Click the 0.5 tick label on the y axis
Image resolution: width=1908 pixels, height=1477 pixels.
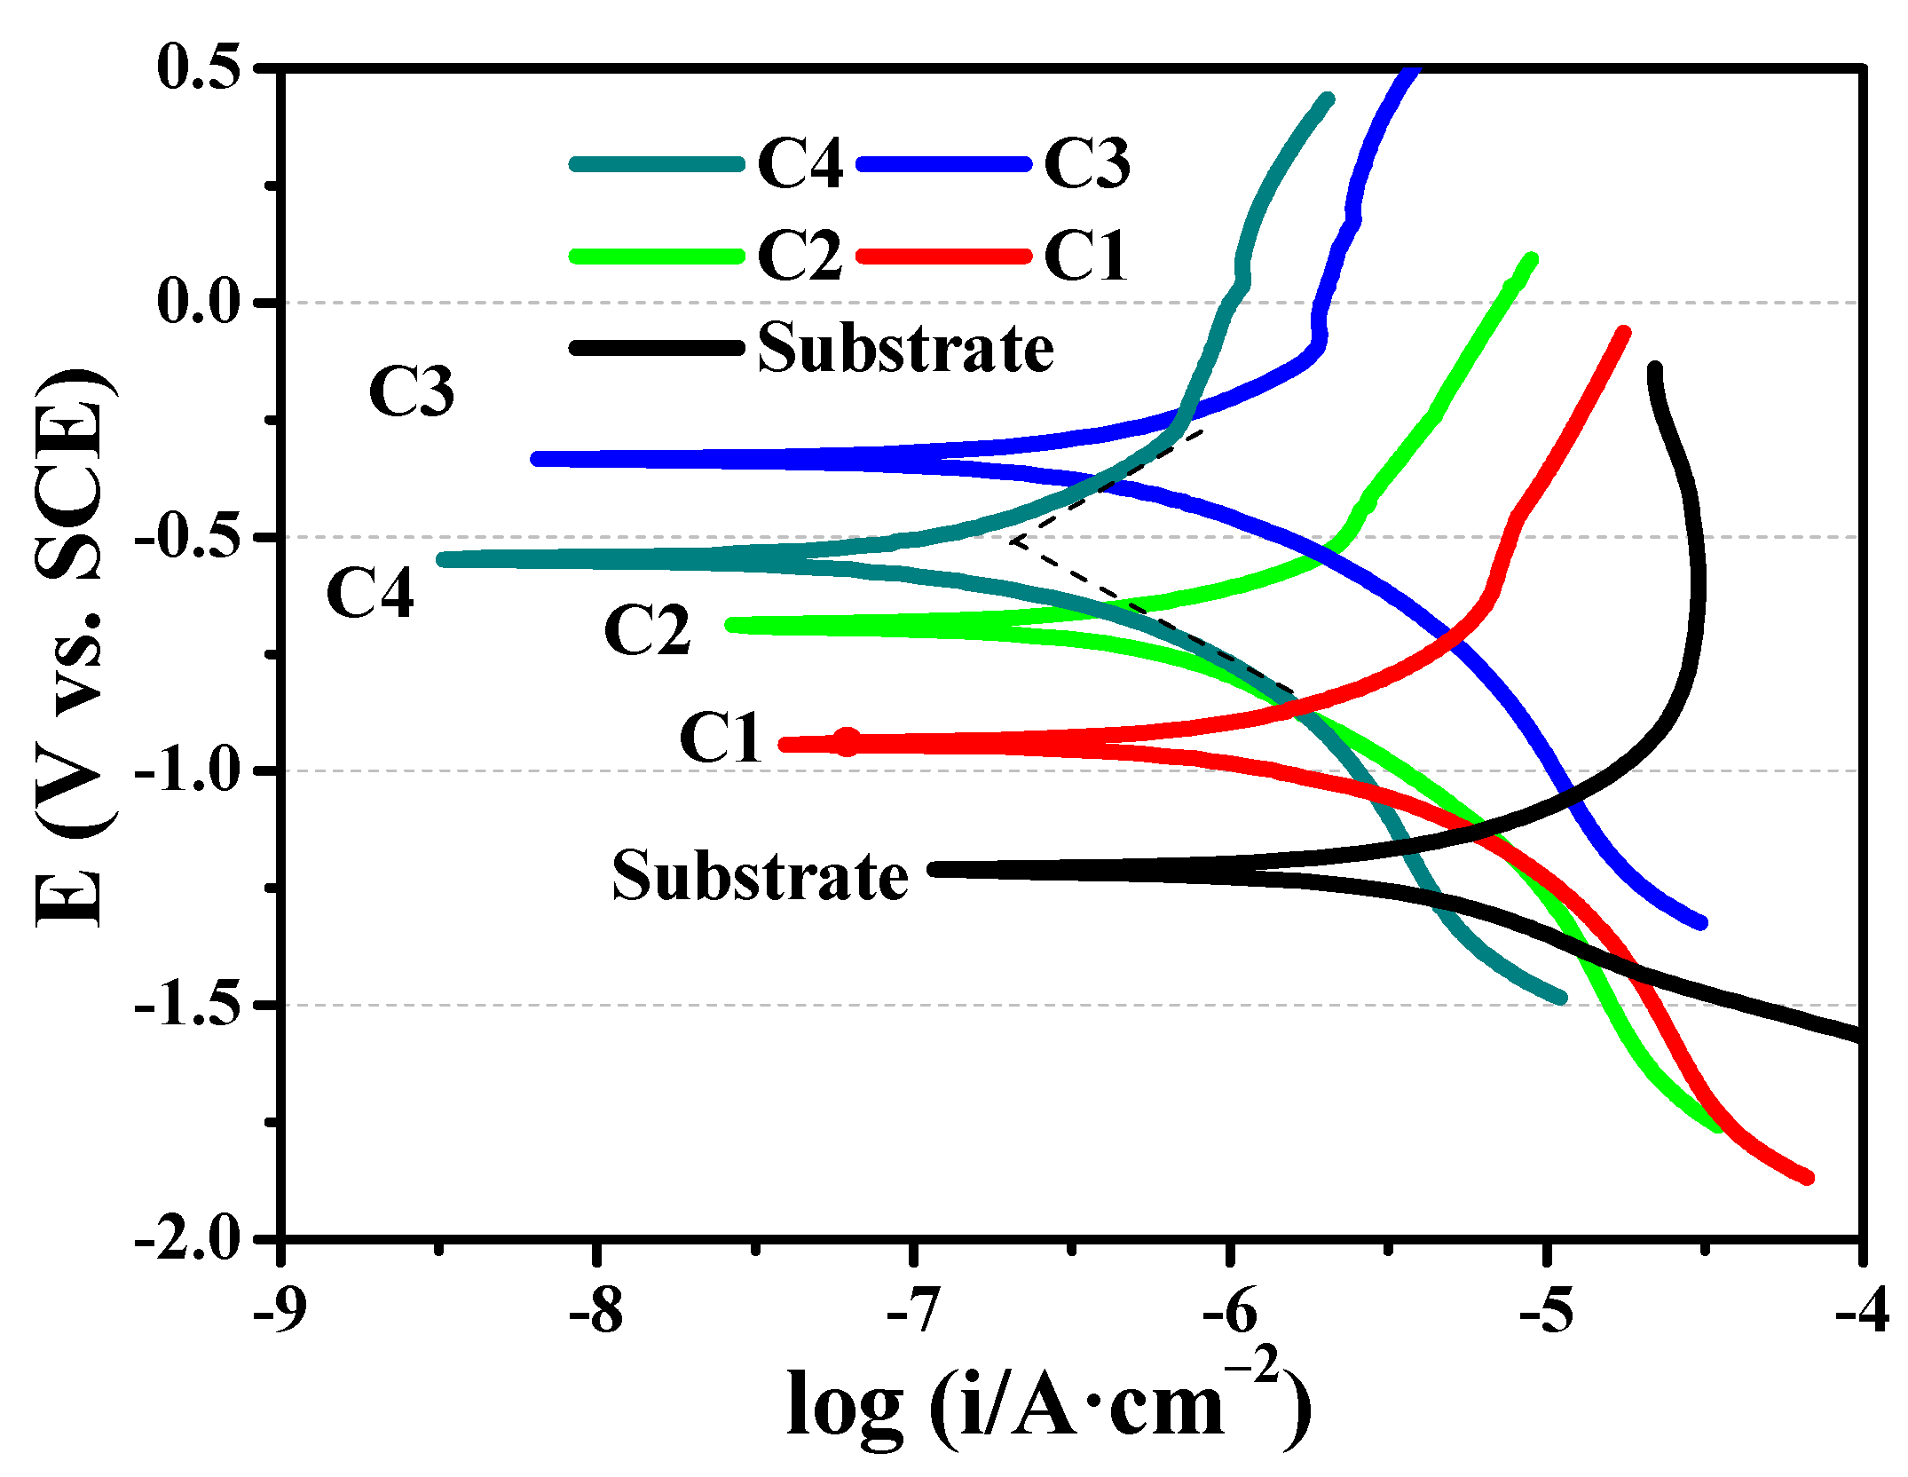pos(199,67)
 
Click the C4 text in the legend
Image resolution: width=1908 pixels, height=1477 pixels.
pos(800,164)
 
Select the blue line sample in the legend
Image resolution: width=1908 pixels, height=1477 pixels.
pos(944,164)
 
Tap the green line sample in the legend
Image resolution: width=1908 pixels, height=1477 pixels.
pos(657,257)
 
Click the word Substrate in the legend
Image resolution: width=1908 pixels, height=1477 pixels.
pos(905,348)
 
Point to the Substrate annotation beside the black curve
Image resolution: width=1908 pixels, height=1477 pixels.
pos(760,875)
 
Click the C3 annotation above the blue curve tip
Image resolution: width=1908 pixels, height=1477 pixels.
pos(412,391)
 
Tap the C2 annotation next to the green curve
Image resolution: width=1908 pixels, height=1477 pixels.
pos(647,630)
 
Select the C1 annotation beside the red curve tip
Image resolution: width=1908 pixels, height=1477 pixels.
pos(721,737)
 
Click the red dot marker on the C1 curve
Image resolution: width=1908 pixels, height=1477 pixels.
pos(848,741)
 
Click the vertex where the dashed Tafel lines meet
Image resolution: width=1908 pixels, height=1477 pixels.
pos(1012,540)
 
